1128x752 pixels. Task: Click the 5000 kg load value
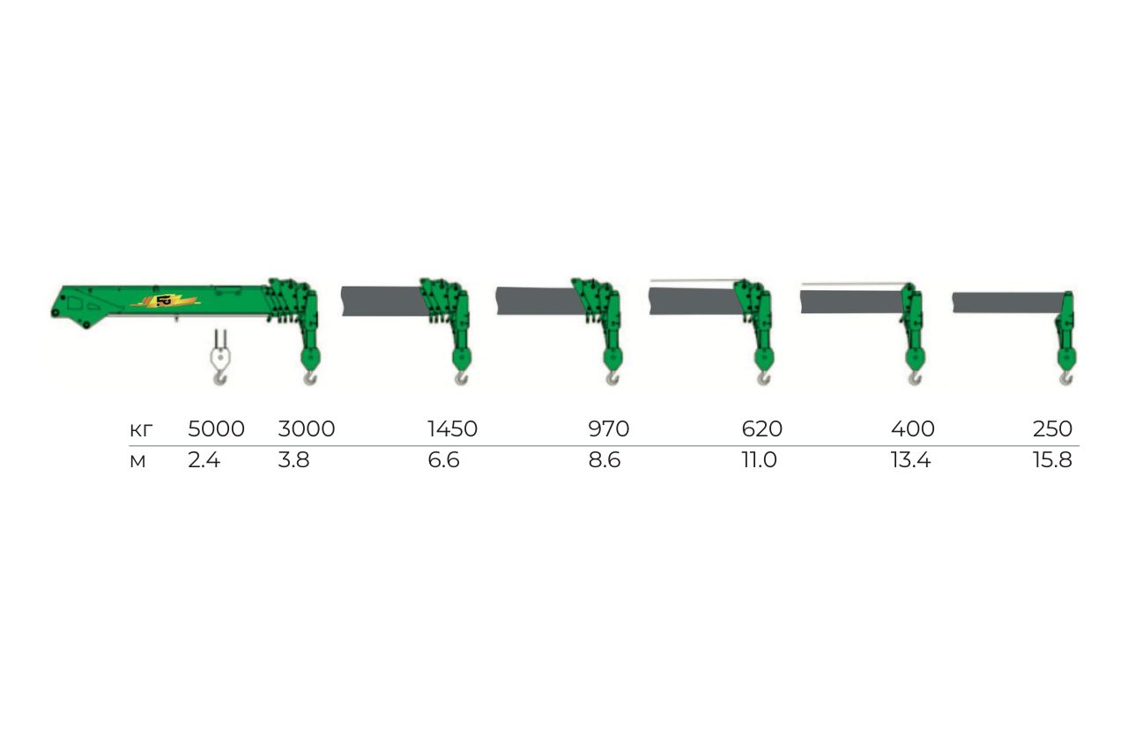pos(216,429)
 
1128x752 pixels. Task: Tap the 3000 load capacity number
pos(306,429)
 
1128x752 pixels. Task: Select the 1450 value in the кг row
pos(452,429)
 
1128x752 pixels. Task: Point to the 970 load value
pos(609,429)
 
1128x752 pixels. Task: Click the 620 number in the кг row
pos(762,429)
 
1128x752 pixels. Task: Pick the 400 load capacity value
pos(912,429)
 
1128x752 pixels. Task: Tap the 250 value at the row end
pos(1052,429)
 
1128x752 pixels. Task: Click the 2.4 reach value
pos(204,460)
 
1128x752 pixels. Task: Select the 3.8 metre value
pos(293,460)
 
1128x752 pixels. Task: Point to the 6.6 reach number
pos(443,460)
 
